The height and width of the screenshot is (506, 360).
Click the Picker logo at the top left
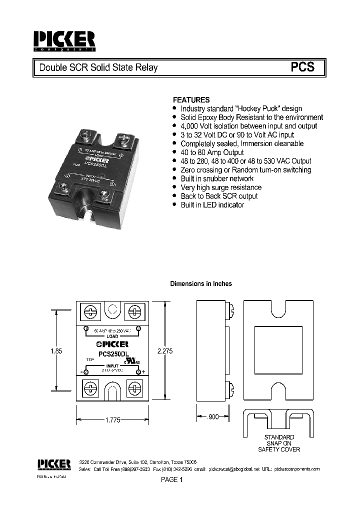click(x=63, y=41)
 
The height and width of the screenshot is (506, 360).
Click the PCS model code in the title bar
click(x=303, y=67)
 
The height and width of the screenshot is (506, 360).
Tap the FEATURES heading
click(x=191, y=99)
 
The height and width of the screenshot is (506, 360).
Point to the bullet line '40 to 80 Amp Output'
click(x=212, y=152)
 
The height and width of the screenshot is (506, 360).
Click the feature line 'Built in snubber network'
click(x=217, y=178)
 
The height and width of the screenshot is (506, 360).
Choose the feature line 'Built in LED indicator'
click(x=212, y=205)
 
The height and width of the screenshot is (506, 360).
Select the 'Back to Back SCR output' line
click(x=219, y=196)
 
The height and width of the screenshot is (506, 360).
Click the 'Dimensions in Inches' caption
click(x=201, y=283)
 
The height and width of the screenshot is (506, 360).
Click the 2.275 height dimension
click(x=164, y=351)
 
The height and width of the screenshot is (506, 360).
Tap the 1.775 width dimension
click(x=113, y=420)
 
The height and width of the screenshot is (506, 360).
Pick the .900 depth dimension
click(x=213, y=416)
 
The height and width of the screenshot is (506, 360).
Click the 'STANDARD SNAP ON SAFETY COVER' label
click(x=279, y=443)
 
